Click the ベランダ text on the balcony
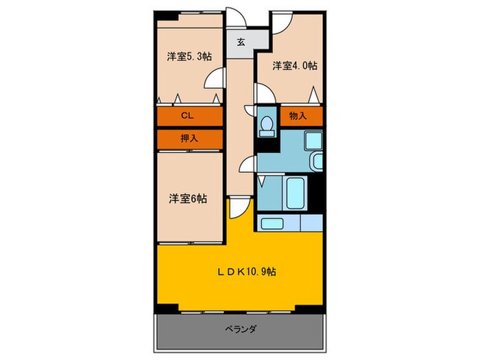[x=240, y=330]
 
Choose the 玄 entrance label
[x=241, y=42]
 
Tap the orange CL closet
[x=189, y=117]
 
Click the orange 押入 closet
[x=189, y=138]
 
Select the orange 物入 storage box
[x=299, y=116]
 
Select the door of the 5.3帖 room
[x=216, y=80]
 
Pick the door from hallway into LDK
[x=237, y=206]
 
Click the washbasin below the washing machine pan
[x=317, y=163]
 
